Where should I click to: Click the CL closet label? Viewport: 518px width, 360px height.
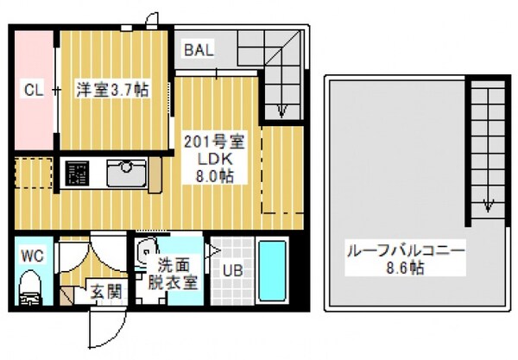[33, 90]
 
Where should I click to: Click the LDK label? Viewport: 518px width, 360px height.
[212, 159]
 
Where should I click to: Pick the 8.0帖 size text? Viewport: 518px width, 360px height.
[212, 175]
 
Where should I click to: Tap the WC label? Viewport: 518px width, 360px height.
[32, 256]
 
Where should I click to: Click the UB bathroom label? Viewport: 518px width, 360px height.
[234, 269]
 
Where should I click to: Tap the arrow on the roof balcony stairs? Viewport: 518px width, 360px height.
[488, 203]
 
